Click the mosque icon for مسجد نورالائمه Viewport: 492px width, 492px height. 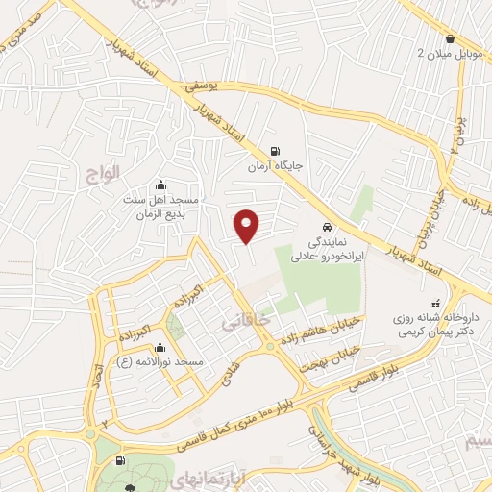pyautogui.click(x=172, y=347)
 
